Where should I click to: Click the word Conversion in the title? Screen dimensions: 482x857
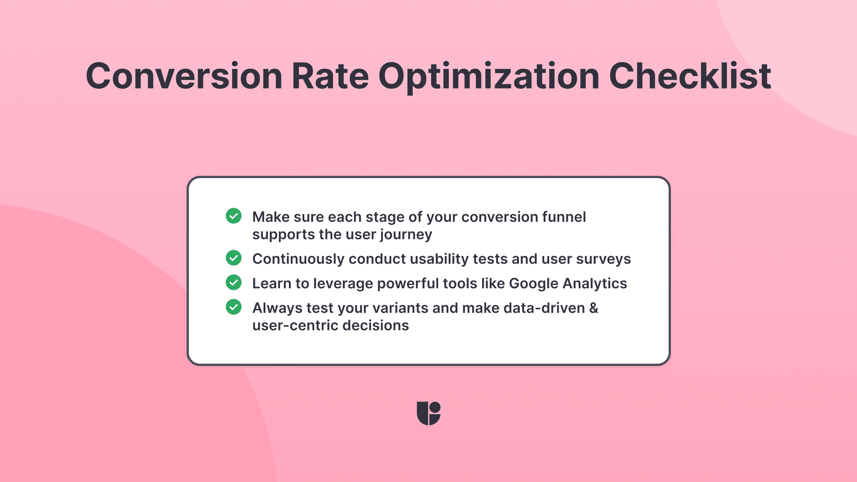(x=184, y=76)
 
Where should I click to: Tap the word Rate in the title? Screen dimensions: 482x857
(x=330, y=76)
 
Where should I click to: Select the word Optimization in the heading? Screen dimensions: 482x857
(x=489, y=76)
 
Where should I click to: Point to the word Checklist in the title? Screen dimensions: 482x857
(x=690, y=76)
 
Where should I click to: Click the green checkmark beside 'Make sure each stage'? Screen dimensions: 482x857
(x=233, y=216)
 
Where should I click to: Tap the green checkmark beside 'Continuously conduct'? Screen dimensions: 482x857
(x=233, y=258)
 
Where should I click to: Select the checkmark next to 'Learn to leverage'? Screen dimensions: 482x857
(x=233, y=282)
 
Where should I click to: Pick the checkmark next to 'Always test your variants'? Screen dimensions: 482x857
(x=233, y=307)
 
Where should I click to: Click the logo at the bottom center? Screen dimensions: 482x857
(x=428, y=413)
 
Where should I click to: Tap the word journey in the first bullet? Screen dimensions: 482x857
(x=406, y=235)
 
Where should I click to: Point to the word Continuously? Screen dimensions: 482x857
(x=298, y=259)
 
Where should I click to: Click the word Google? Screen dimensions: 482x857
(x=534, y=284)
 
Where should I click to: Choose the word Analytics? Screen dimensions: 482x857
(x=595, y=283)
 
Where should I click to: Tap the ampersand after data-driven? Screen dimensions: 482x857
(x=594, y=308)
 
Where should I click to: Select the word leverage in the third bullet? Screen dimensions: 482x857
(x=343, y=284)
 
